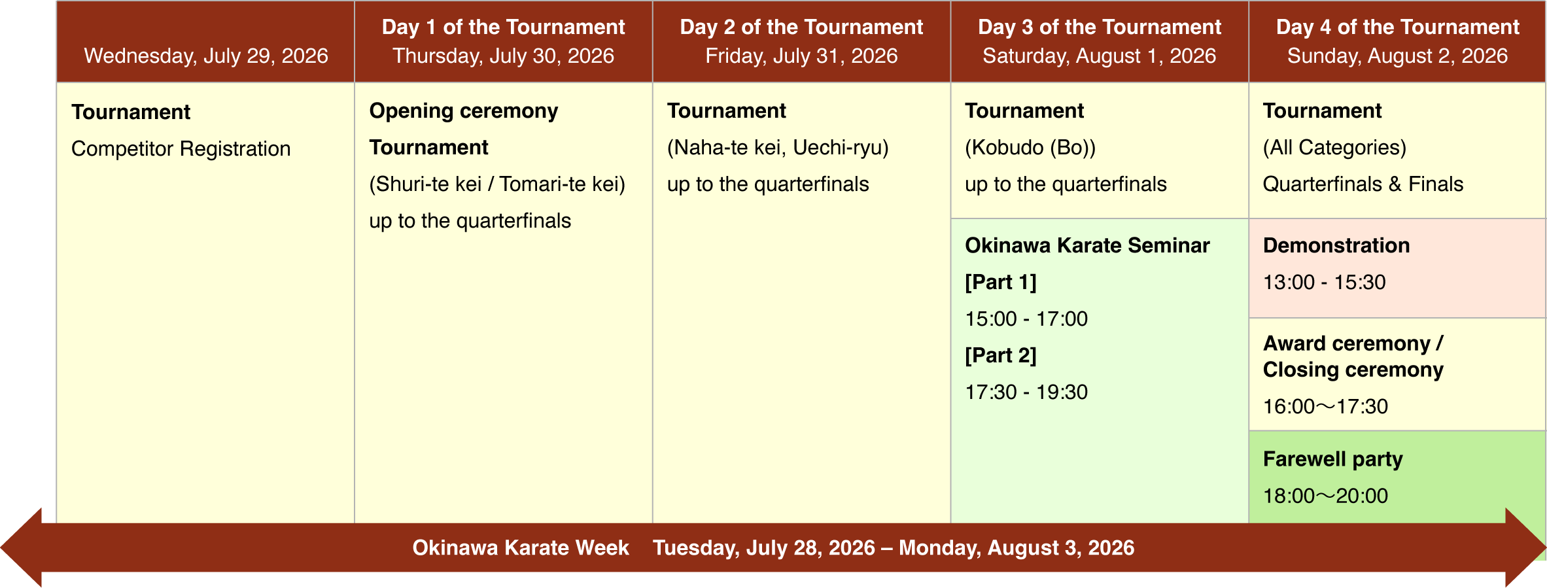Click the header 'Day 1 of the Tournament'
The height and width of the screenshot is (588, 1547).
pos(503,27)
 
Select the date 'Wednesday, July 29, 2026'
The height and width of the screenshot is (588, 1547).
pos(206,56)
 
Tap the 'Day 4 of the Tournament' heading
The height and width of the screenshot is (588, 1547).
pos(1397,27)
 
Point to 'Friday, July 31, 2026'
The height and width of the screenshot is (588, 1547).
pos(801,56)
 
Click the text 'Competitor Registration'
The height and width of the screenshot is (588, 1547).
pos(181,149)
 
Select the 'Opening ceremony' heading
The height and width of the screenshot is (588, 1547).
pos(463,111)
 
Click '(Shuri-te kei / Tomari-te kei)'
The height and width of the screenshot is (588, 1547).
pos(497,184)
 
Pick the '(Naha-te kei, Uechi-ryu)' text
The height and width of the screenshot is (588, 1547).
pos(778,148)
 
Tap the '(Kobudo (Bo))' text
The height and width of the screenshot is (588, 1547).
pos(1030,148)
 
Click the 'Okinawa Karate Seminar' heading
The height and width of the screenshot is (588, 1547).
pos(1087,246)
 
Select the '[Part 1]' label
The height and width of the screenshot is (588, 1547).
pos(1001,283)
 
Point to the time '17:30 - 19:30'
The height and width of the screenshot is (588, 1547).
pos(1026,392)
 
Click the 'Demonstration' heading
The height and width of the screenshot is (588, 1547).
pos(1336,246)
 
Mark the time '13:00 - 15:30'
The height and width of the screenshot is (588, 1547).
pos(1324,283)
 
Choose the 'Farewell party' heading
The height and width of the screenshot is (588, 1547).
pos(1332,460)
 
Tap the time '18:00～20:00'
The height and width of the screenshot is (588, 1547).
pos(1325,496)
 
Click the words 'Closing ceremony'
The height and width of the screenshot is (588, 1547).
pos(1353,370)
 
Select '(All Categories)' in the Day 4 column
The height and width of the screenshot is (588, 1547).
pos(1334,148)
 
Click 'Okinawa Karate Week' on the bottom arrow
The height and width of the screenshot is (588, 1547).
pos(521,548)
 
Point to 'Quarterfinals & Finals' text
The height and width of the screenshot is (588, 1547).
pos(1363,184)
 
